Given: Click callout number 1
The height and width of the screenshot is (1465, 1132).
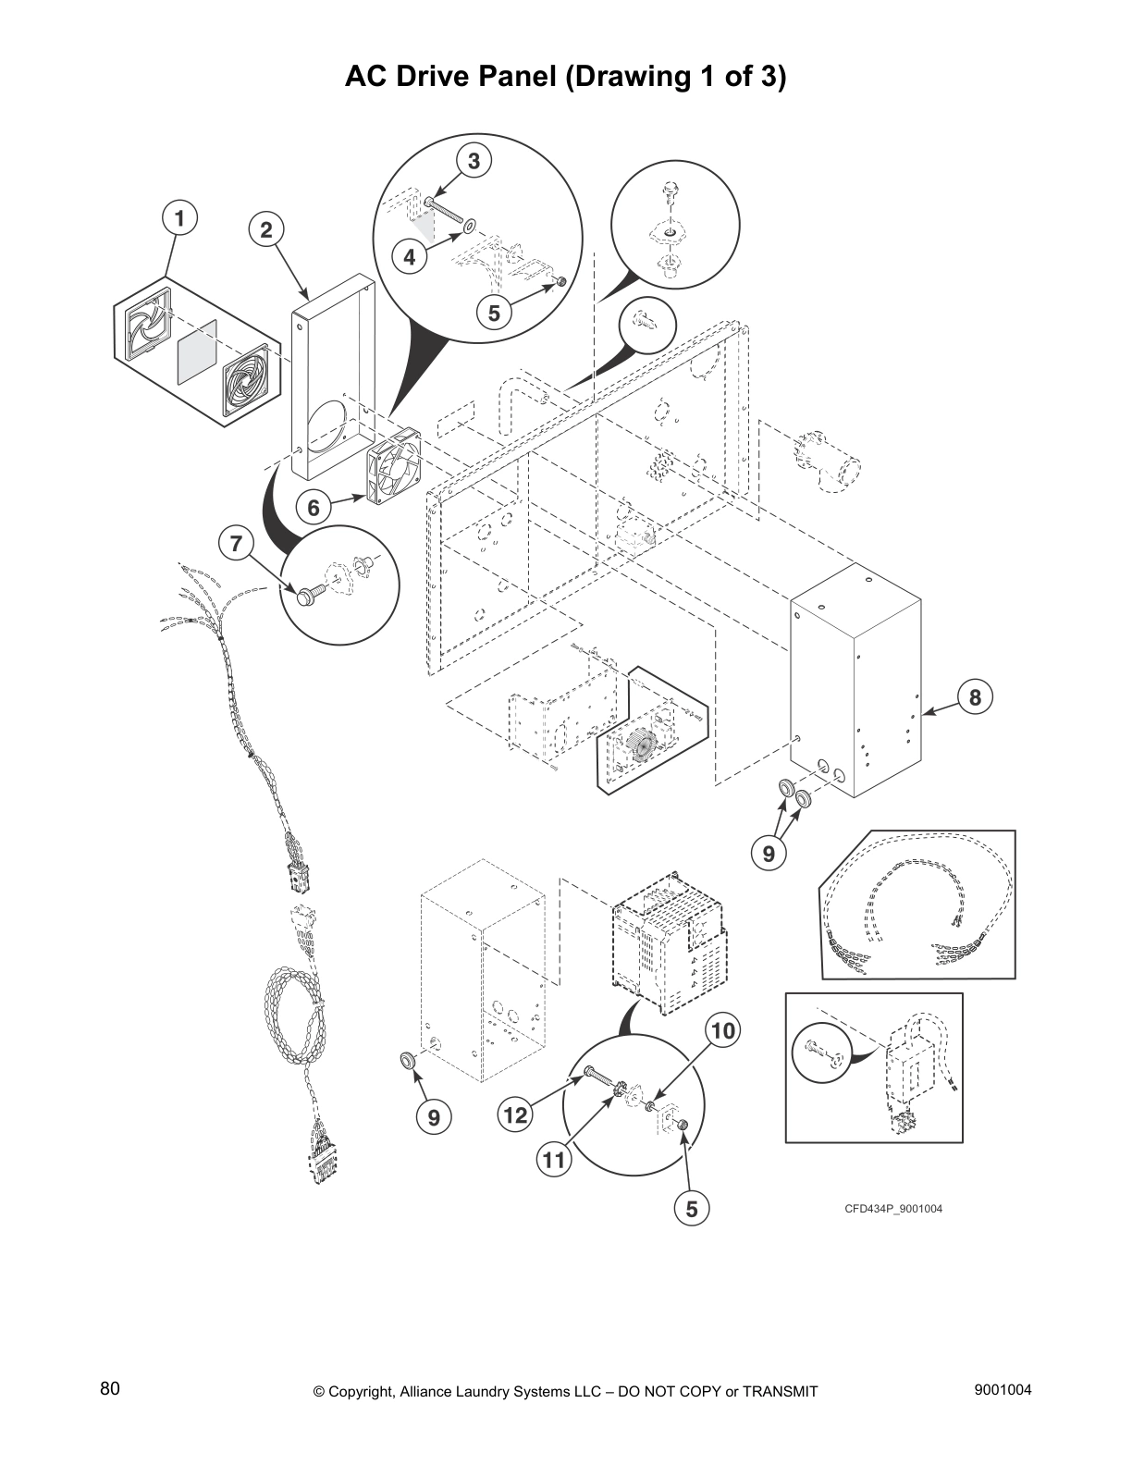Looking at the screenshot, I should [179, 218].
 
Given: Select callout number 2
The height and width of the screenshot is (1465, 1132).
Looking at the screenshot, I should [266, 230].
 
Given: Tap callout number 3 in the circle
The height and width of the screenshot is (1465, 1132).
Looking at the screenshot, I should [474, 161].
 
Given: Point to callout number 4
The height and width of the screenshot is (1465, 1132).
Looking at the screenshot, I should [410, 257].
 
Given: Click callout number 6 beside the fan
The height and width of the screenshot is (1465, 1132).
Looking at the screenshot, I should [314, 507].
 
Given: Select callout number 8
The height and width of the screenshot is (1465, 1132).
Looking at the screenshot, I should [975, 696].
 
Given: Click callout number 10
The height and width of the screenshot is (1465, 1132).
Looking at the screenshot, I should [724, 1029].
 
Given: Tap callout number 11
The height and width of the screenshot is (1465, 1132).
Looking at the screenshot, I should [553, 1160].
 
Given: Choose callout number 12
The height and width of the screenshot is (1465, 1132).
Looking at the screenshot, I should [515, 1115].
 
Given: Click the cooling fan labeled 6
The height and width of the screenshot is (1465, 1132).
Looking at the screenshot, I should [396, 473].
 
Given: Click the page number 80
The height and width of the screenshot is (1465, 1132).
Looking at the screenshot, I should [110, 1389].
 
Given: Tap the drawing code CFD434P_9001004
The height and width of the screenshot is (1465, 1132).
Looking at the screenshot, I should [892, 1209].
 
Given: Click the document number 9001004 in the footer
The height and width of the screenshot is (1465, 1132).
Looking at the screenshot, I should [1003, 1390].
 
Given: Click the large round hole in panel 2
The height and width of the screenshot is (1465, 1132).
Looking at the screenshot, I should [326, 427].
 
